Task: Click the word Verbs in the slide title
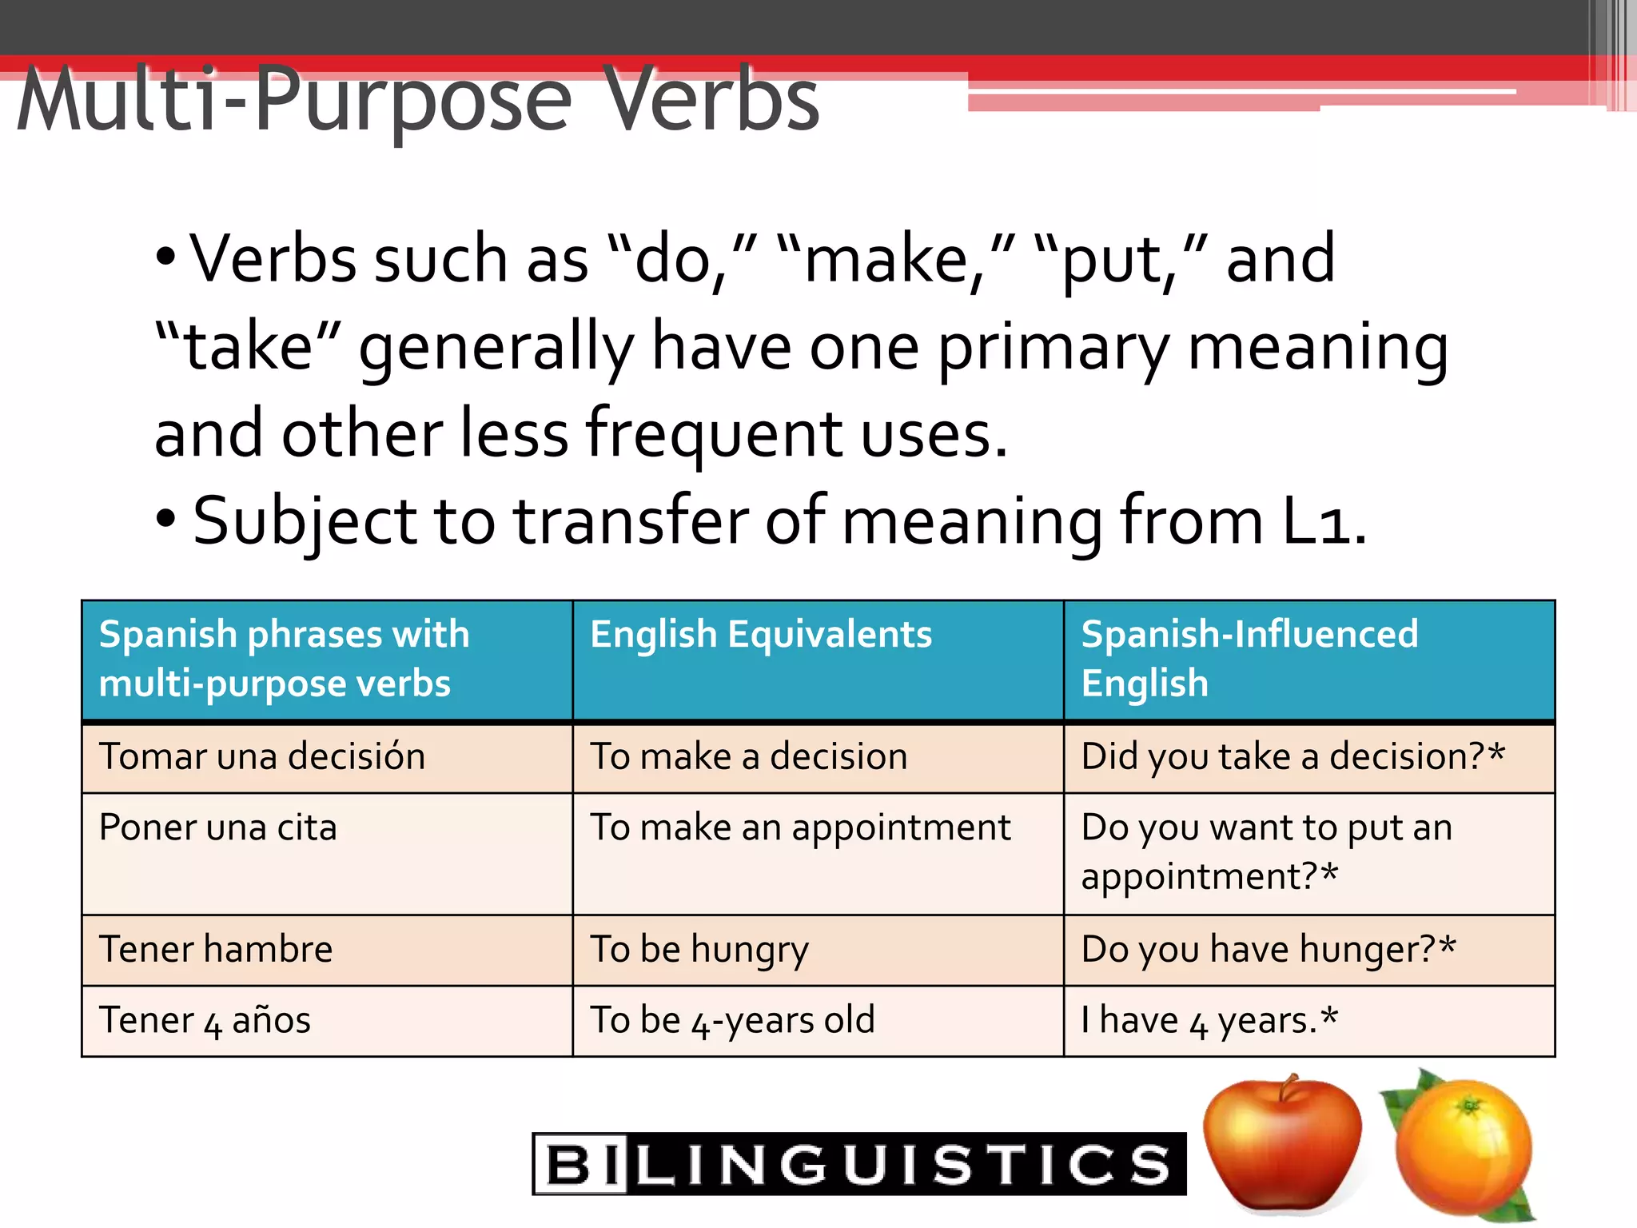pyautogui.click(x=711, y=99)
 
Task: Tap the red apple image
pyautogui.click(x=1281, y=1143)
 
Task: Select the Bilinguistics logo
pyautogui.click(x=859, y=1163)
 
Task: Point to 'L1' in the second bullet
pyautogui.click(x=1323, y=521)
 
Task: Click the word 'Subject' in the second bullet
pyautogui.click(x=305, y=521)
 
